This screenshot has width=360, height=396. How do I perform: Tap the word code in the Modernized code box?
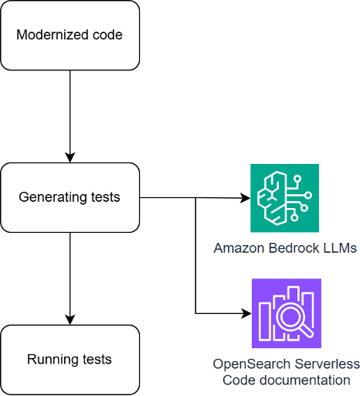(107, 35)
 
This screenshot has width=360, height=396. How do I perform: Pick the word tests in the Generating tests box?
(105, 197)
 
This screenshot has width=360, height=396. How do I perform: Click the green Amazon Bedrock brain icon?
(284, 198)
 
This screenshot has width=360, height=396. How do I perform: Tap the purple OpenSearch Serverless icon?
(287, 313)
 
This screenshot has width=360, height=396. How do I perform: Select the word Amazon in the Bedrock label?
(239, 248)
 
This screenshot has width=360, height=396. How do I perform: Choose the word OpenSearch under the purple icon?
(252, 364)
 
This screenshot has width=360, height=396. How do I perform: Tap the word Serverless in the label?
(327, 364)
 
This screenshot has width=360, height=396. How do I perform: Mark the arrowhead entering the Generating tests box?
(70, 158)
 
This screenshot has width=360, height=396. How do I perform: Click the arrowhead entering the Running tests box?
(70, 319)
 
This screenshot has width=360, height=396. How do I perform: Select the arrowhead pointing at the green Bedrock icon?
(246, 198)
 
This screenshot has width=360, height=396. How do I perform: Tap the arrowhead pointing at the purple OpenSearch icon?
(246, 313)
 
